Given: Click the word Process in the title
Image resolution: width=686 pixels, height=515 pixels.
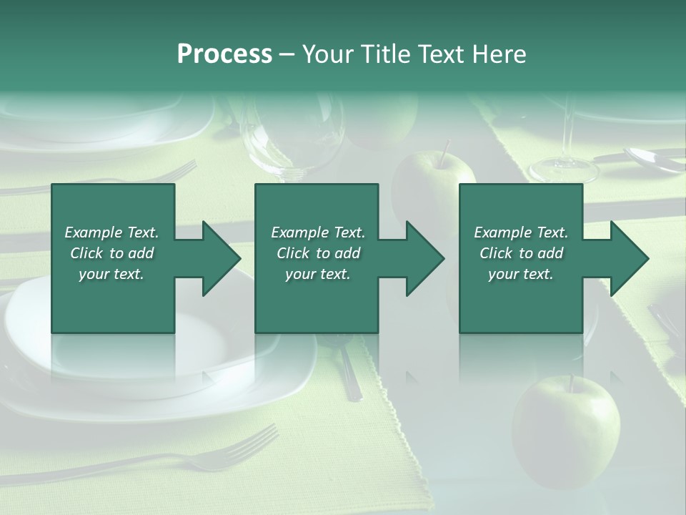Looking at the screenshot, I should [224, 54].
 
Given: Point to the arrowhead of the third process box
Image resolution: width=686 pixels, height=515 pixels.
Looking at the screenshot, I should [629, 258].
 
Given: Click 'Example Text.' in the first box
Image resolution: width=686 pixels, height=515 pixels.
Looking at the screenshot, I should [111, 232].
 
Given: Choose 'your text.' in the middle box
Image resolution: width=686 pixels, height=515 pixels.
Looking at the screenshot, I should [318, 274].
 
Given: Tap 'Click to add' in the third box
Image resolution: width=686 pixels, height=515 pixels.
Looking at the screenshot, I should [521, 253].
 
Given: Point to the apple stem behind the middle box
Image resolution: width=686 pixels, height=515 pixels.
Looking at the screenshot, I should [444, 152].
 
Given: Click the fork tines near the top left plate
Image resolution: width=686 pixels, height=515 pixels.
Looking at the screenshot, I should [179, 170].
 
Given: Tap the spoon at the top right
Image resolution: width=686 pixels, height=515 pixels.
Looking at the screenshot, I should [652, 160].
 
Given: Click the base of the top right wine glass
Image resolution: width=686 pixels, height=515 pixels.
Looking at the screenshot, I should [564, 170].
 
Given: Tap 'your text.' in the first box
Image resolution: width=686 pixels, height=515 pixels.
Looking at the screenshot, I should [111, 274].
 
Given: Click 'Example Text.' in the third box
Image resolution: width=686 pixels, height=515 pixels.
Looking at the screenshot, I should [521, 232].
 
